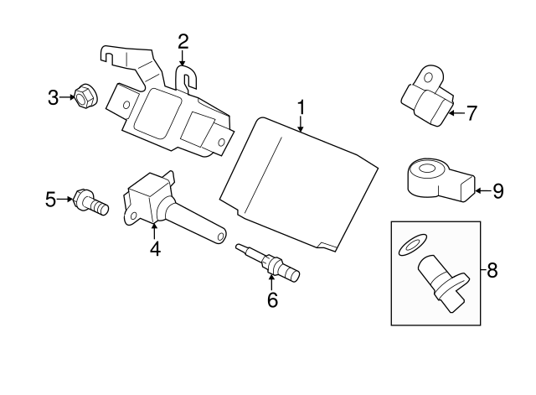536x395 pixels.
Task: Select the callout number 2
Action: pos(183,40)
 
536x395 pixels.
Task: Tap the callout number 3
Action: pos(53,99)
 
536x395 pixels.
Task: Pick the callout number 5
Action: pos(50,199)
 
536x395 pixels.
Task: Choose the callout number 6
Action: pos(272,298)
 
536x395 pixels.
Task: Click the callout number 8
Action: pos(492,270)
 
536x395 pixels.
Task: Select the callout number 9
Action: pos(497,191)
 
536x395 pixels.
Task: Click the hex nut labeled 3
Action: pos(84,98)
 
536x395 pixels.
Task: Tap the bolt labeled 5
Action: pos(90,201)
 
